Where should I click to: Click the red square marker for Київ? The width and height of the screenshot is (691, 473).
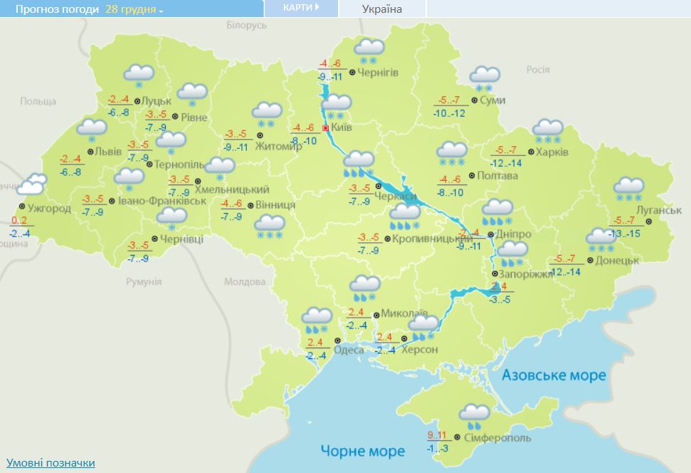(x=326, y=128)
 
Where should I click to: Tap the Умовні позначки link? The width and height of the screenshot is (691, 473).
(x=51, y=463)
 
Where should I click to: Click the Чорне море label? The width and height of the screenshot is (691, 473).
(x=362, y=451)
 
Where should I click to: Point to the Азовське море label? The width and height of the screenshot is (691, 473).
(x=554, y=375)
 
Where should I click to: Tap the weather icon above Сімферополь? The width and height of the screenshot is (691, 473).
(x=474, y=415)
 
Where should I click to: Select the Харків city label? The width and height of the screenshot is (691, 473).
(x=552, y=152)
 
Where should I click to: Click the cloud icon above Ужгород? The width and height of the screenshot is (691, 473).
(x=32, y=186)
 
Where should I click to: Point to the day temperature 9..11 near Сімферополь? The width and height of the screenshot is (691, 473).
(x=436, y=435)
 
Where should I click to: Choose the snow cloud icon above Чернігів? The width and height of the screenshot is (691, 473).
(x=369, y=51)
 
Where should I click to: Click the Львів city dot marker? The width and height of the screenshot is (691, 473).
(x=90, y=152)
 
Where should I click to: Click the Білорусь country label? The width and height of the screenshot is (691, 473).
(x=246, y=25)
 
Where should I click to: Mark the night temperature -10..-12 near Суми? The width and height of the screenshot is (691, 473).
(x=449, y=113)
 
